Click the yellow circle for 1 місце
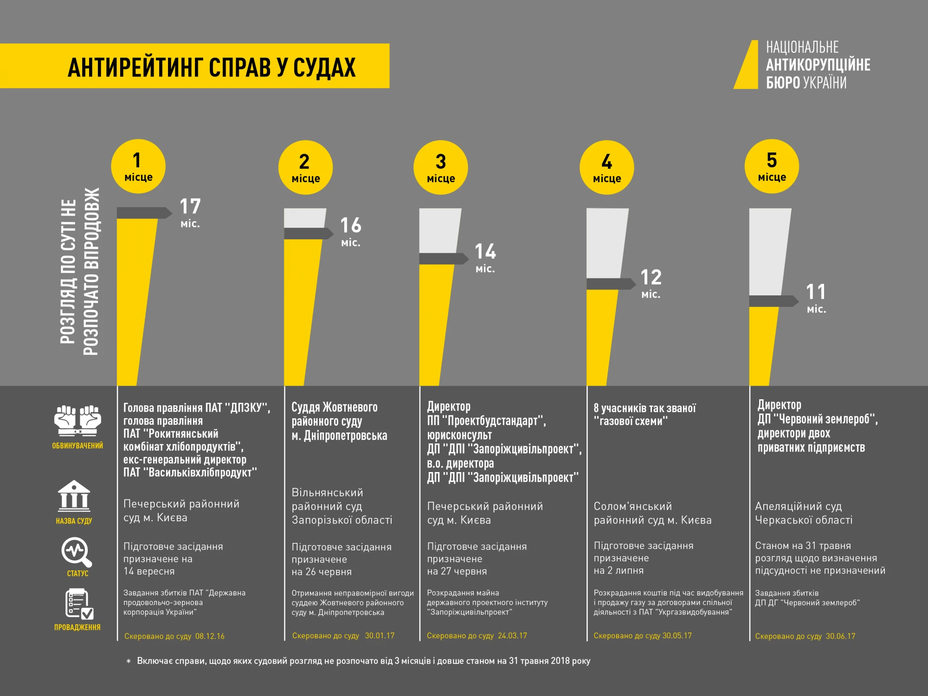coord(138,166)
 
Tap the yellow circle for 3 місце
coord(440,167)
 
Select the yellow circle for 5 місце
coord(771,166)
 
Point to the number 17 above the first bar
coord(190,206)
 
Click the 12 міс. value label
coord(651,283)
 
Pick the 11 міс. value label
coord(816,298)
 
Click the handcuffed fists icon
coord(77,421)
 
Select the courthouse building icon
coord(74,496)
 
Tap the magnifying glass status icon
coord(77,552)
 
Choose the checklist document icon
coord(79,604)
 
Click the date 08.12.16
coord(210,636)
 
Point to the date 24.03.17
coord(512,636)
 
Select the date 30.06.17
coord(840,636)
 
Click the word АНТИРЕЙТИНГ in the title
coord(135,67)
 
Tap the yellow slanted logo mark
coord(747,65)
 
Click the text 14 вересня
coord(149,571)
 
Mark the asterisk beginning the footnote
coord(129,662)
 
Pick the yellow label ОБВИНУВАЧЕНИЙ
coord(77,446)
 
